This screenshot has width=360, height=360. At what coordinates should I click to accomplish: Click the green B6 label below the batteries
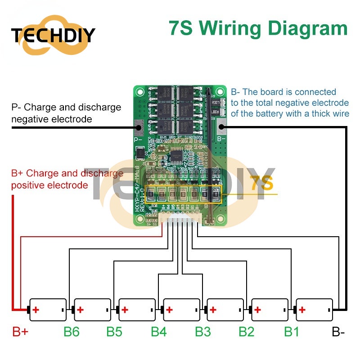(71, 332)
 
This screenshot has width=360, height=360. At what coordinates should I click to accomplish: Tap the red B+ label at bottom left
(20, 332)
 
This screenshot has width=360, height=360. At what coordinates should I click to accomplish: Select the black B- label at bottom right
(338, 332)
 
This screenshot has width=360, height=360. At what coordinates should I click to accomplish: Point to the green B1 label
(291, 332)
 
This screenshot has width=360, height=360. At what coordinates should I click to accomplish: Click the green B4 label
(158, 332)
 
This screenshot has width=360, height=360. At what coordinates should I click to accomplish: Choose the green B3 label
(202, 332)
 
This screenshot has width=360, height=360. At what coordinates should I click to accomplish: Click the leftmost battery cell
(48, 310)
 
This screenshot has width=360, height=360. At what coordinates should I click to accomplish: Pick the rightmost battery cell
(314, 310)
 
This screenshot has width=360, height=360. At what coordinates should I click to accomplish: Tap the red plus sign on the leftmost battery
(36, 310)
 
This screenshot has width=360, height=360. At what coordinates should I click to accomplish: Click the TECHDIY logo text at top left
(53, 35)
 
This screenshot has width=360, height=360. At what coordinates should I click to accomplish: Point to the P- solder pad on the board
(139, 127)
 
